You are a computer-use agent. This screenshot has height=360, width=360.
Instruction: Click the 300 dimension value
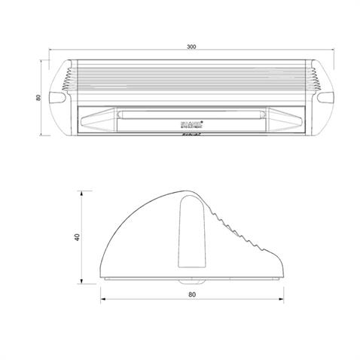click(192, 47)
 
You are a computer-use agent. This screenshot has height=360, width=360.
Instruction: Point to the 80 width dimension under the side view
click(192, 295)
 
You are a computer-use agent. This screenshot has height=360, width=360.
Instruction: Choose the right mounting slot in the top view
click(325, 98)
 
